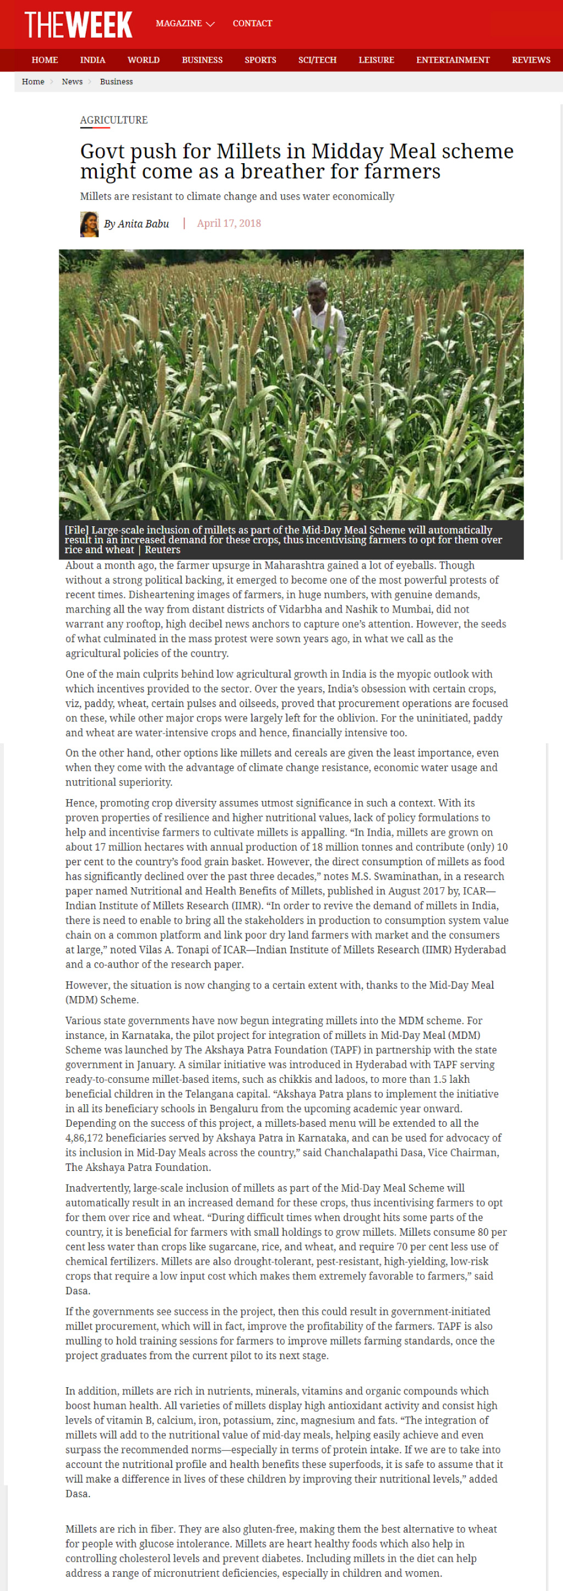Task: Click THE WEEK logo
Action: click(x=78, y=25)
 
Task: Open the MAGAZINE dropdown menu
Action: click(x=185, y=24)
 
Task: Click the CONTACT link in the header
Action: click(x=252, y=24)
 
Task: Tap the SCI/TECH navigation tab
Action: click(x=317, y=60)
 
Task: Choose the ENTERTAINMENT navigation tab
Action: click(x=452, y=60)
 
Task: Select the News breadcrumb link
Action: click(x=73, y=81)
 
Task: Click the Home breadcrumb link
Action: click(x=33, y=81)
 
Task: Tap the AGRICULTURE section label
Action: click(x=114, y=120)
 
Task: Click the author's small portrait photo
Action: click(x=89, y=224)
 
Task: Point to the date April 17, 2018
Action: click(x=229, y=224)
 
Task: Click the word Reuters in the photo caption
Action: click(x=163, y=550)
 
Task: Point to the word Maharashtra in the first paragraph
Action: click(x=292, y=565)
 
